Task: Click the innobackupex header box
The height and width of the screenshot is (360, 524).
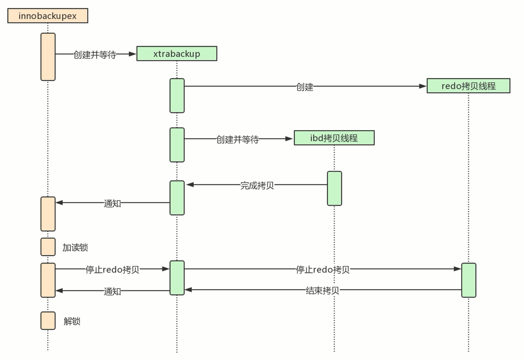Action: click(48, 16)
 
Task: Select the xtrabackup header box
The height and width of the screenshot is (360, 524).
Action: click(177, 54)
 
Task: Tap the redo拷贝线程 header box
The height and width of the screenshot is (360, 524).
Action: click(468, 86)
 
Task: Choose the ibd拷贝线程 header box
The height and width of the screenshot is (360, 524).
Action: click(334, 138)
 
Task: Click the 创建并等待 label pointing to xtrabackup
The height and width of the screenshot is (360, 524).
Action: click(95, 55)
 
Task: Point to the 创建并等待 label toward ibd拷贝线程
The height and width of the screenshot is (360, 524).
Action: click(237, 139)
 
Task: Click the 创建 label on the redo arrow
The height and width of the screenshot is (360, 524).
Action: click(305, 87)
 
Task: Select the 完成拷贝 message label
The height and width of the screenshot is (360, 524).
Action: click(257, 185)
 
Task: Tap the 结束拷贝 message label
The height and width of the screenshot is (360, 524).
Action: click(322, 291)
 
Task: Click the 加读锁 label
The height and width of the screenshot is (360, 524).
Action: click(75, 248)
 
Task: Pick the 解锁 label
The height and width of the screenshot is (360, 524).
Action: click(72, 321)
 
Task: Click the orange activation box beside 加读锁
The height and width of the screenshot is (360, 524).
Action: click(48, 247)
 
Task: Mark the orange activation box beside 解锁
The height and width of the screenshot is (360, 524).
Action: click(48, 321)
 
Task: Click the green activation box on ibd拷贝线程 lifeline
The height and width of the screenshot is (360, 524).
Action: click(334, 188)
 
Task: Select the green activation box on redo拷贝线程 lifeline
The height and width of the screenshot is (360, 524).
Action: click(469, 280)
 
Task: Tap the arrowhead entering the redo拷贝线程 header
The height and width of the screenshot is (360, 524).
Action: click(423, 86)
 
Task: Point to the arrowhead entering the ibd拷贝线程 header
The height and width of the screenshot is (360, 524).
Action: click(289, 139)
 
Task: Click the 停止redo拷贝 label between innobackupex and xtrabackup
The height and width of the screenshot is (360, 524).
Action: click(112, 269)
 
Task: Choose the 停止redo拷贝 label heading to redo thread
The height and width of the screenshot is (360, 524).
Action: click(323, 269)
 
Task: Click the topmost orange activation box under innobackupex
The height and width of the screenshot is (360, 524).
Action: click(48, 57)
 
